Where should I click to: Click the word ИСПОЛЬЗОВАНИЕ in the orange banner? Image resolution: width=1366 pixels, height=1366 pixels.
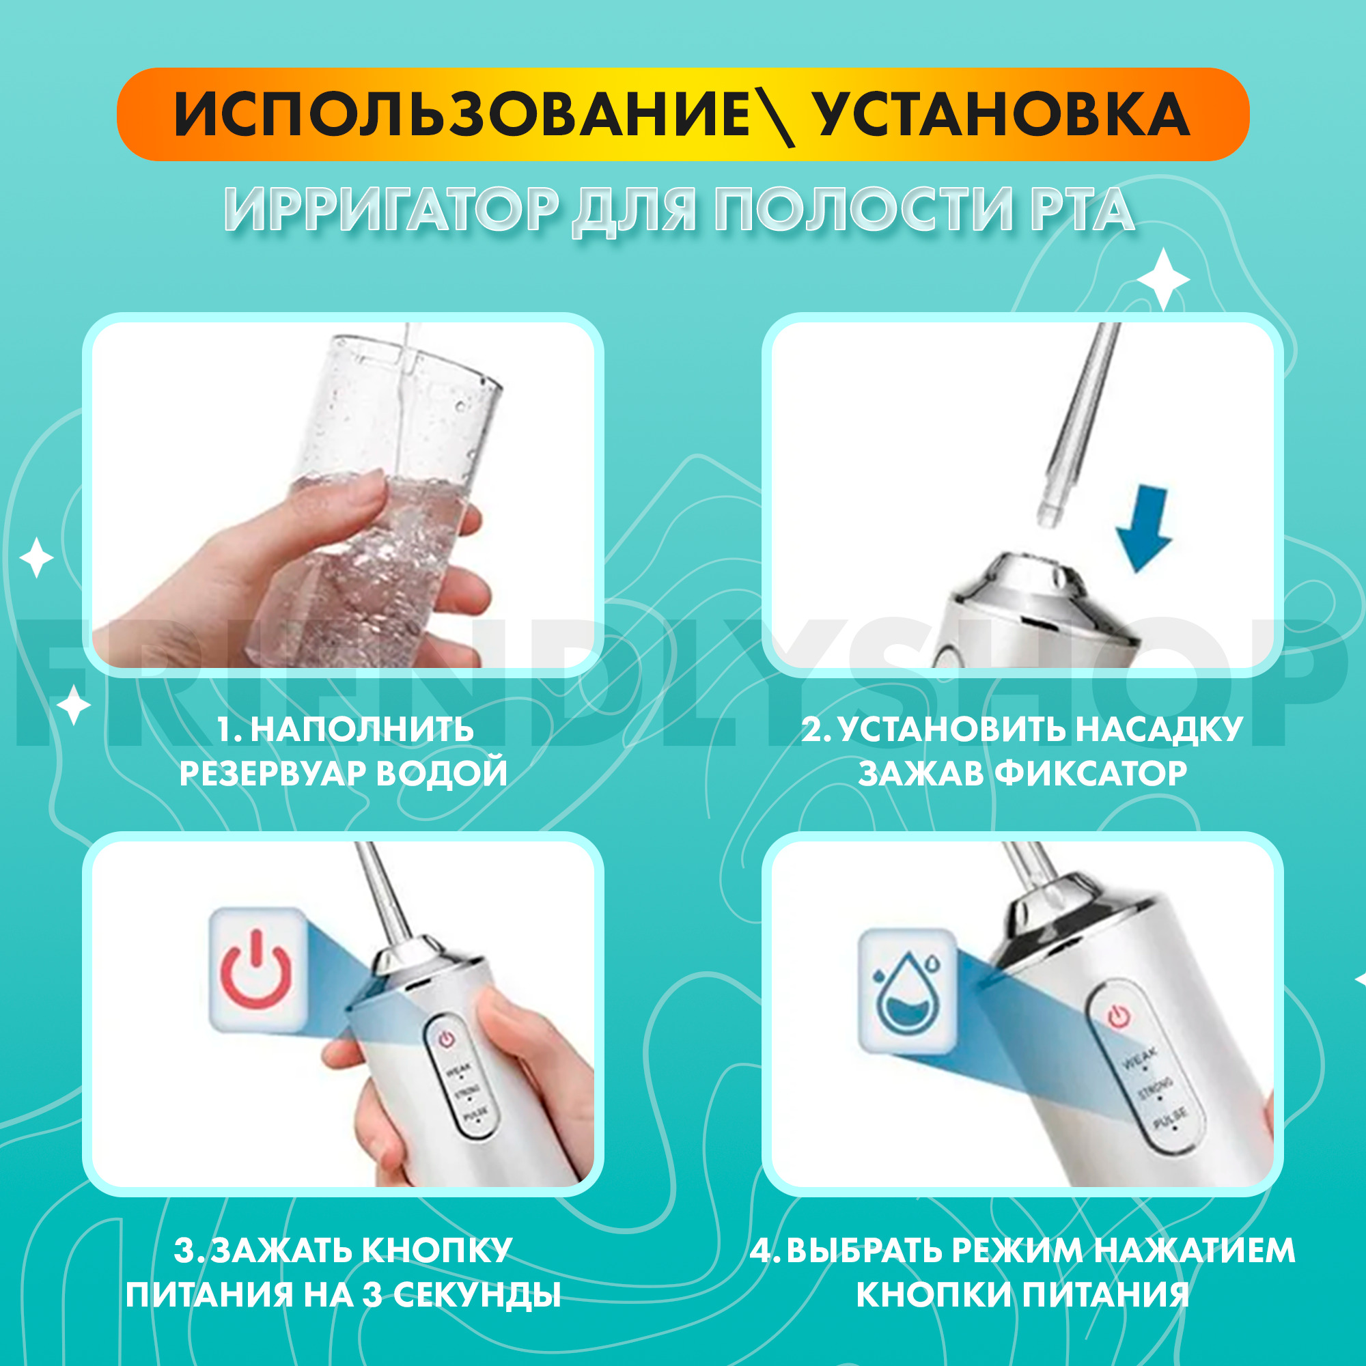pos(463,115)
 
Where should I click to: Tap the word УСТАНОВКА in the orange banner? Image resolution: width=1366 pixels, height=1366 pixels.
pos(1003,115)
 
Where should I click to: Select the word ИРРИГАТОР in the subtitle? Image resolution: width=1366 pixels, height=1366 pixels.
pos(393,210)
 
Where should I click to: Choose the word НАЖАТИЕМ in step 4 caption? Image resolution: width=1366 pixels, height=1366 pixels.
pos(1194,1251)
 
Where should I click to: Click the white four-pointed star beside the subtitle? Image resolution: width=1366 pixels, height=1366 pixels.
pos(1163,281)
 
